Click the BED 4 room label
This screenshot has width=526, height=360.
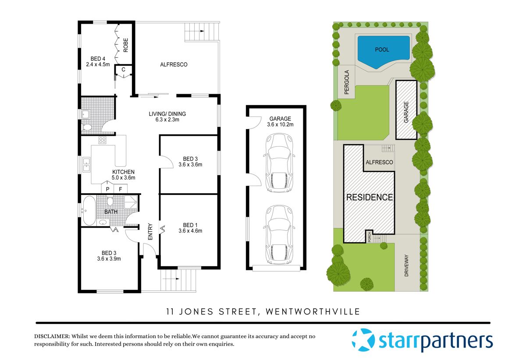(x=98, y=59)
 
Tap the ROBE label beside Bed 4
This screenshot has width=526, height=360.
(x=125, y=45)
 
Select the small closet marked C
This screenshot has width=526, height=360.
(x=124, y=69)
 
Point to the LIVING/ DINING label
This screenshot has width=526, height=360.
(x=167, y=114)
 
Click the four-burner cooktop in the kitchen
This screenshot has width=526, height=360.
(x=103, y=141)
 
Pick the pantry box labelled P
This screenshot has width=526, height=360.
(x=107, y=189)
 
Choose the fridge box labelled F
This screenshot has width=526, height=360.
(x=121, y=189)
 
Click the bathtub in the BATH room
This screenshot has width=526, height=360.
(x=88, y=210)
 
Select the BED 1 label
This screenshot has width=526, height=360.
(x=190, y=225)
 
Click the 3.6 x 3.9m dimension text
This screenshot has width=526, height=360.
(x=109, y=259)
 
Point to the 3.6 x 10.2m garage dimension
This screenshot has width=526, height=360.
(x=280, y=125)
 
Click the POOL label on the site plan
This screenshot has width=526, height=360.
(x=382, y=50)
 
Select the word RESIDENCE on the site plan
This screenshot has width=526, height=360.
(x=370, y=198)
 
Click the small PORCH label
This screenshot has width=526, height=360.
(x=369, y=237)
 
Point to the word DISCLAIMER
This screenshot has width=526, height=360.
(x=52, y=336)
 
